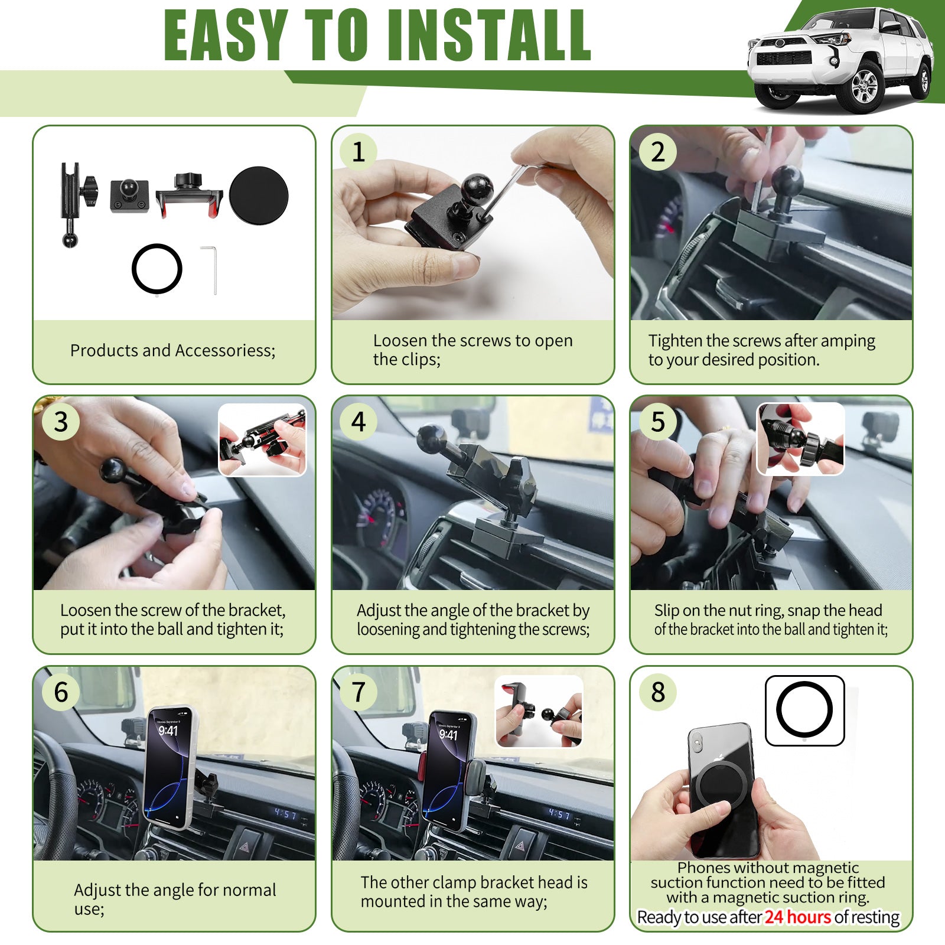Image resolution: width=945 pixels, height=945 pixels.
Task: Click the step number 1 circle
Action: pos(359,152)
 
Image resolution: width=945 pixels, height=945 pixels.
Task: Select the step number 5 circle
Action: pos(658,422)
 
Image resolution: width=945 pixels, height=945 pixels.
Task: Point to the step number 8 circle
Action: pos(658,692)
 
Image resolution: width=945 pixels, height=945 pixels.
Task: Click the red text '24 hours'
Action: pos(797,917)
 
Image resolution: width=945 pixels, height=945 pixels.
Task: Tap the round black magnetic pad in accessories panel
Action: pos(259,195)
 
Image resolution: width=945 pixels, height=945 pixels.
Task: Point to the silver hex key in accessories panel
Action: pos(210,270)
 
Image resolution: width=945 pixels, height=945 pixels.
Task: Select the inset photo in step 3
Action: pos(262,440)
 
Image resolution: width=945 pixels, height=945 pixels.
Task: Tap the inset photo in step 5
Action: pos(800,439)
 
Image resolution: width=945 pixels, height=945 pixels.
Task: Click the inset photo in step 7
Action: pos(539,712)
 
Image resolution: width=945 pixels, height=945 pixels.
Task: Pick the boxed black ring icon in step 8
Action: pos(804,711)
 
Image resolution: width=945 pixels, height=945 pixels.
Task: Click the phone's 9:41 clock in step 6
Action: pos(168,731)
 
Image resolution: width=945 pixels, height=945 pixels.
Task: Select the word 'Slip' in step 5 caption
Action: pos(666,611)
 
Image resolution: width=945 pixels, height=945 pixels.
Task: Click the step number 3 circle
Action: pos(61,422)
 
